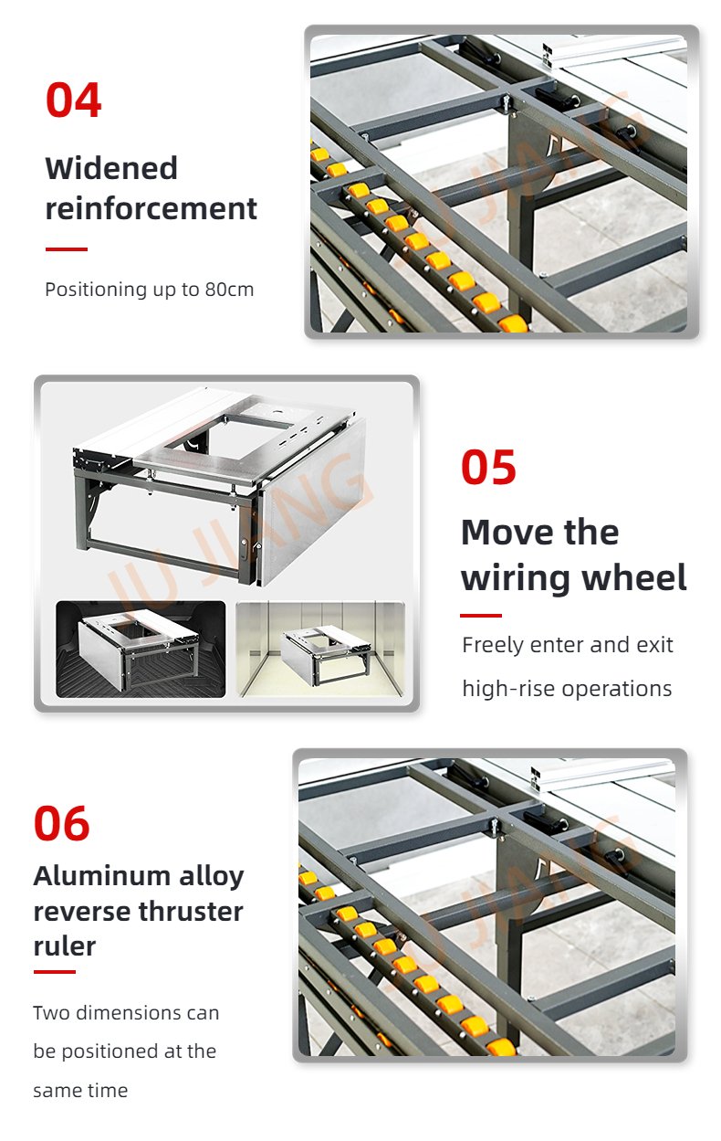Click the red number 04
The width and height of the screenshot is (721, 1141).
click(73, 100)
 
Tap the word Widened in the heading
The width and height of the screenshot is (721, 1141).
click(111, 168)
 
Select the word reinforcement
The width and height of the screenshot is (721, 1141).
click(152, 208)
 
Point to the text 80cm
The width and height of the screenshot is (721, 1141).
click(229, 290)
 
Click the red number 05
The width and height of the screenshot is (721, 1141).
click(488, 467)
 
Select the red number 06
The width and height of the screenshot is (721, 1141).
click(61, 823)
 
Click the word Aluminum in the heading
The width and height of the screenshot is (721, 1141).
click(102, 876)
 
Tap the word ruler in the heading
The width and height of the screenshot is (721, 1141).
click(65, 946)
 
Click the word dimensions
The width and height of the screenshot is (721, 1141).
click(125, 1013)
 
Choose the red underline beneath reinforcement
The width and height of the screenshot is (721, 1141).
click(66, 249)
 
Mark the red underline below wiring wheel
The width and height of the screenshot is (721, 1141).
click(481, 616)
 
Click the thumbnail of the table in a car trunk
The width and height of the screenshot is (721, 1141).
click(141, 649)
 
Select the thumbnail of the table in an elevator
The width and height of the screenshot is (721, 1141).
click(320, 649)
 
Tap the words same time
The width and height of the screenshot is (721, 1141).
click(80, 1091)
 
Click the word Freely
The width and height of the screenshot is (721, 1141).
click(493, 645)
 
